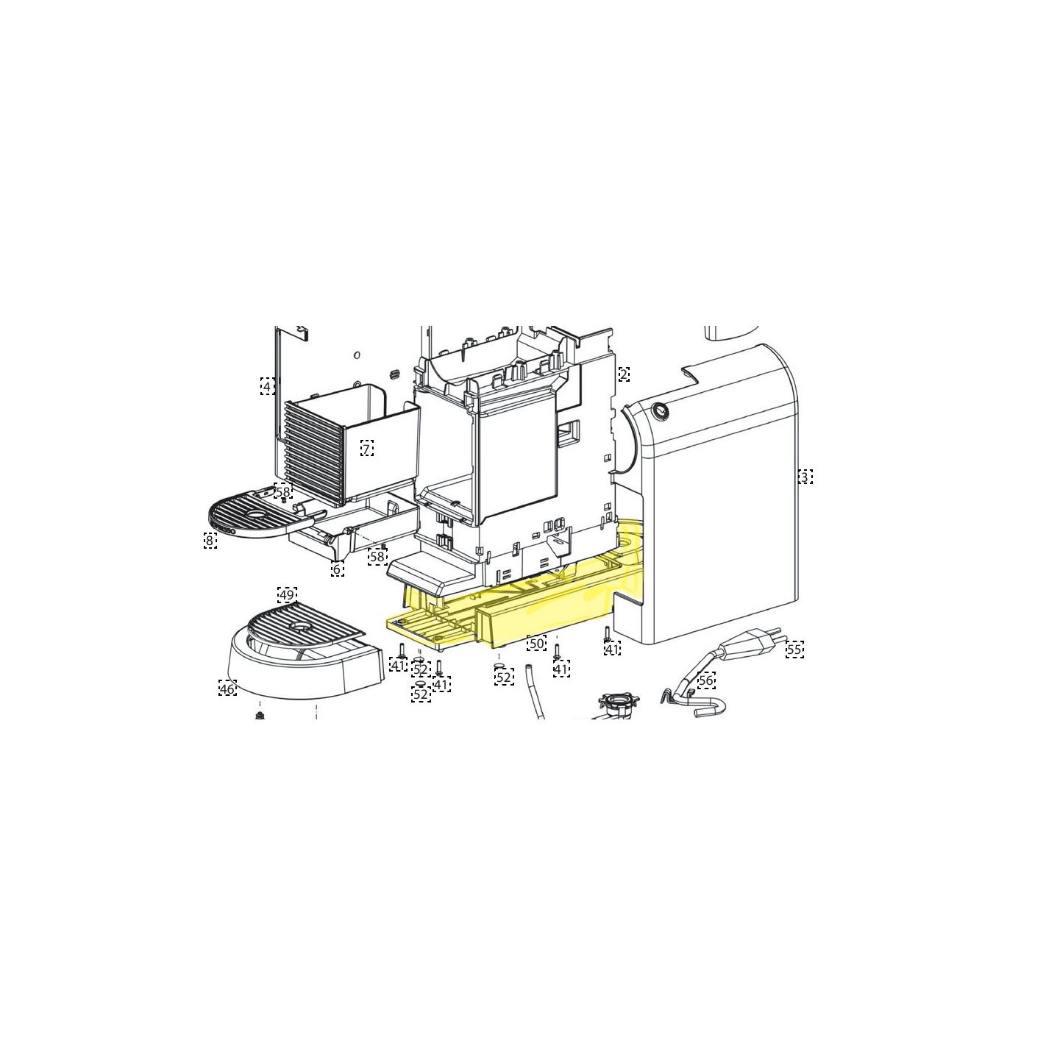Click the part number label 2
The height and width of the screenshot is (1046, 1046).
click(624, 374)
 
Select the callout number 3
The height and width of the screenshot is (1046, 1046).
click(805, 477)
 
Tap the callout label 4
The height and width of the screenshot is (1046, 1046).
click(266, 386)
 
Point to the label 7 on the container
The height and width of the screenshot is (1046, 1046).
click(366, 449)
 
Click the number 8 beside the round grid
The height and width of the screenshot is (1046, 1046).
click(210, 541)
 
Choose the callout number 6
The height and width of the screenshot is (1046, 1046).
click(337, 569)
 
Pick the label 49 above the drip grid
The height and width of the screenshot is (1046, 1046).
click(287, 595)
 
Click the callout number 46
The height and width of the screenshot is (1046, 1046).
click(227, 689)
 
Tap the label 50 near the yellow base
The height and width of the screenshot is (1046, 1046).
click(536, 643)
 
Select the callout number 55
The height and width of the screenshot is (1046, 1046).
click(794, 650)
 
